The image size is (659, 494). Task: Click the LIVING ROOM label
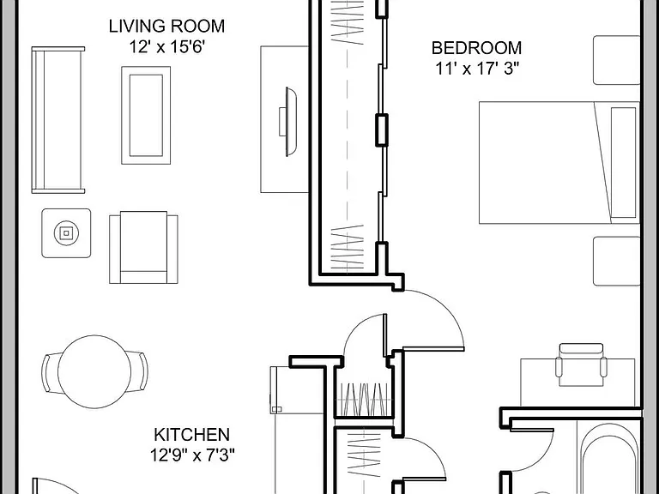pyautogui.click(x=166, y=26)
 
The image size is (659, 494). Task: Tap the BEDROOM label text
pyautogui.click(x=476, y=48)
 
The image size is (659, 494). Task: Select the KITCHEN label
pyautogui.click(x=191, y=435)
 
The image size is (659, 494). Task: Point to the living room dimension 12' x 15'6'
pyautogui.click(x=166, y=46)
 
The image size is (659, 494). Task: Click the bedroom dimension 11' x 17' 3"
pyautogui.click(x=477, y=69)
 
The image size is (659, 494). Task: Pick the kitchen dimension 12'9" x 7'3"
pyautogui.click(x=192, y=455)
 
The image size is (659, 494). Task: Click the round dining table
pyautogui.click(x=94, y=371)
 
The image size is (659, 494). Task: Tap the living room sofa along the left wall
pyautogui.click(x=58, y=120)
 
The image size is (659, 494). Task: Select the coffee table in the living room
pyautogui.click(x=146, y=115)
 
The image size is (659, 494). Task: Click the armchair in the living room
pyautogui.click(x=144, y=247)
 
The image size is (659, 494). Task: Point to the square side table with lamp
pyautogui.click(x=66, y=233)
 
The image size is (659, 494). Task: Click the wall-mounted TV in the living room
pyautogui.click(x=288, y=122)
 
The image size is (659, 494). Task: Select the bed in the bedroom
pyautogui.click(x=559, y=163)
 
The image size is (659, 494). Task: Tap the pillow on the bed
pyautogui.click(x=623, y=163)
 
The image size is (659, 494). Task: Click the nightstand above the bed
pyautogui.click(x=616, y=60)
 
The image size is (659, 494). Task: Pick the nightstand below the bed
pyautogui.click(x=616, y=262)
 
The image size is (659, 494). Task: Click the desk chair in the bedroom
pyautogui.click(x=581, y=364)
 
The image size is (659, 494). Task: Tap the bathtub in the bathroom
pyautogui.click(x=609, y=458)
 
